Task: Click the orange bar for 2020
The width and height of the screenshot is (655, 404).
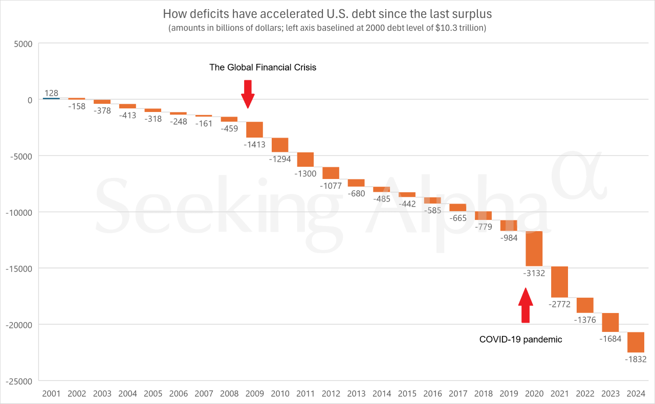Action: point(534,249)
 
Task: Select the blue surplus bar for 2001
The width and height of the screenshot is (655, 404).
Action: point(51,98)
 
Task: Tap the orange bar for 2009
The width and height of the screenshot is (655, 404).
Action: point(254,129)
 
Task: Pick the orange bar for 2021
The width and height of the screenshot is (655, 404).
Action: point(559,282)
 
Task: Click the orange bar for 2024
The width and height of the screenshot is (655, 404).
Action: point(636,342)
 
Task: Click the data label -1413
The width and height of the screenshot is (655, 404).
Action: point(254,145)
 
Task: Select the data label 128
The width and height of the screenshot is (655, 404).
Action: point(51,93)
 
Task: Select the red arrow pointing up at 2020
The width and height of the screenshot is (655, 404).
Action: point(526,305)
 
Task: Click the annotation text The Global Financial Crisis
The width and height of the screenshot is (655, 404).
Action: point(263,68)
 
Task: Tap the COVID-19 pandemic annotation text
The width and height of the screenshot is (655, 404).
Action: point(520,339)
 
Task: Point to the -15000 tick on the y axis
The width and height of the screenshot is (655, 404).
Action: point(18,268)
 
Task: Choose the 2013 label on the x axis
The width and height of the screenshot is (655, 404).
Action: point(356,394)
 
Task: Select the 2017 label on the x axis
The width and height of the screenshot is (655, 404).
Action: point(457,394)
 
